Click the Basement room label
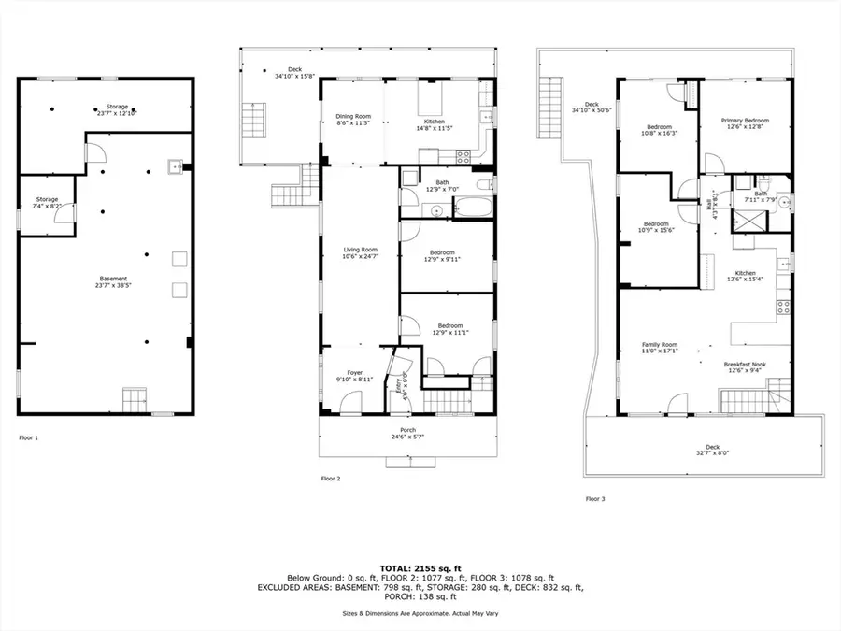click(x=113, y=280)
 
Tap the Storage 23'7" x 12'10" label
click(x=117, y=109)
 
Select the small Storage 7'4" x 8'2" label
click(x=47, y=202)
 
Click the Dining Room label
click(x=354, y=119)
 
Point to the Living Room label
click(x=360, y=252)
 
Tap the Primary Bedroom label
click(x=745, y=123)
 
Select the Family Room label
click(x=659, y=348)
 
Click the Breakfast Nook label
click(x=745, y=367)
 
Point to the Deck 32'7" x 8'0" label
click(x=713, y=450)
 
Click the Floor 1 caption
click(x=29, y=437)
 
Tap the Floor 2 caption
click(x=330, y=478)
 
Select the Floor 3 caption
click(x=595, y=498)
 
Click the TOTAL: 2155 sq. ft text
click(x=420, y=567)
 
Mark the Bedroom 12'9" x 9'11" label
click(x=442, y=255)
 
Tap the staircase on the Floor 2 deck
click(x=254, y=122)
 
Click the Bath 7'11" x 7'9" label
click(x=756, y=195)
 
